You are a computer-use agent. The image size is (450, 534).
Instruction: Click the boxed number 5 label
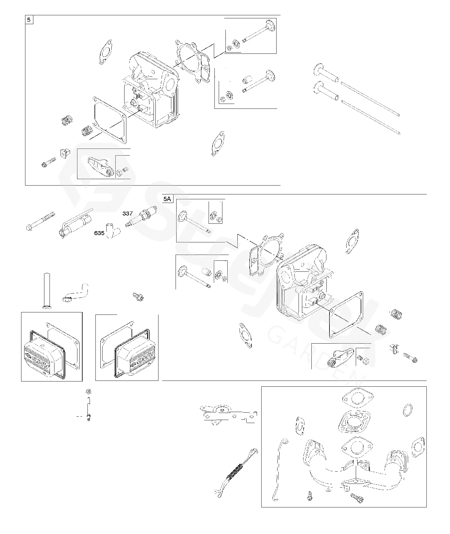point(29,20)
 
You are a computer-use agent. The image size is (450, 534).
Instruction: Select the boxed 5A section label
point(167,199)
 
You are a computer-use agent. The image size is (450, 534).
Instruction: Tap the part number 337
point(128,213)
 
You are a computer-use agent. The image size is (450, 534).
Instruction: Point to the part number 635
point(99,233)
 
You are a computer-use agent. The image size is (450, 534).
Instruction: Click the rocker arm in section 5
point(100,165)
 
